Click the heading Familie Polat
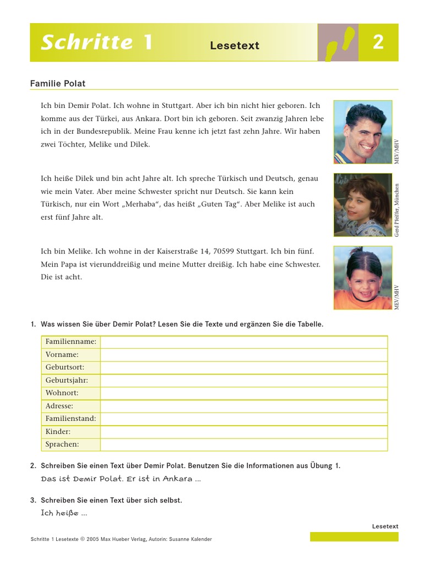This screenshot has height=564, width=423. [x=58, y=84]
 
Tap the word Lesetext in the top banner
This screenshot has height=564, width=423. [x=234, y=46]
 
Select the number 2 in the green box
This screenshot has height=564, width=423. [x=378, y=42]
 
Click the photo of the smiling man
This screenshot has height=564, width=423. [x=362, y=132]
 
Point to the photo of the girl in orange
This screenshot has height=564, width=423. [x=362, y=278]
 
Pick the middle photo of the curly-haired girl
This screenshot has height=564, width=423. [x=362, y=205]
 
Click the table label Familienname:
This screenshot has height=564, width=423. [x=70, y=341]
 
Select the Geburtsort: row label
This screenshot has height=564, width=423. [x=65, y=367]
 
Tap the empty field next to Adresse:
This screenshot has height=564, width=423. [x=243, y=406]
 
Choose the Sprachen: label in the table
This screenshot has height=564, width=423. [x=62, y=444]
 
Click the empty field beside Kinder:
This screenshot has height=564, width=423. [x=243, y=432]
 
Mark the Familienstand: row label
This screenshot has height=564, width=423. [x=70, y=419]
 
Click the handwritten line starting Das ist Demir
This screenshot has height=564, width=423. [x=121, y=479]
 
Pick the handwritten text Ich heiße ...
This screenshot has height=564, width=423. [x=63, y=513]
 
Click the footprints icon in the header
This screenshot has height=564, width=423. [x=338, y=42]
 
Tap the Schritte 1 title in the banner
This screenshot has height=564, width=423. [x=96, y=42]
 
